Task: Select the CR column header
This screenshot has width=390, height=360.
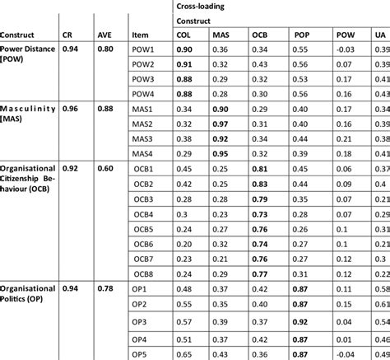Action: pos(69,35)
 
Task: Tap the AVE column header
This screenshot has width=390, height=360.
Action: pos(105,35)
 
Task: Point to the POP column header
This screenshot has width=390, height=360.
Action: pos(299,35)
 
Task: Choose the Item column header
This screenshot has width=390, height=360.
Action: pos(140,35)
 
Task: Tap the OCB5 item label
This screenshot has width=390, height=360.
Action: pos(144,228)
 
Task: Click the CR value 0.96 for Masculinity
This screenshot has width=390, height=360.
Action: pos(71,109)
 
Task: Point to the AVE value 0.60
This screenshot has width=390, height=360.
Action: pos(106,168)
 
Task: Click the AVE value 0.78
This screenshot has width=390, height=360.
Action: pos(106,288)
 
